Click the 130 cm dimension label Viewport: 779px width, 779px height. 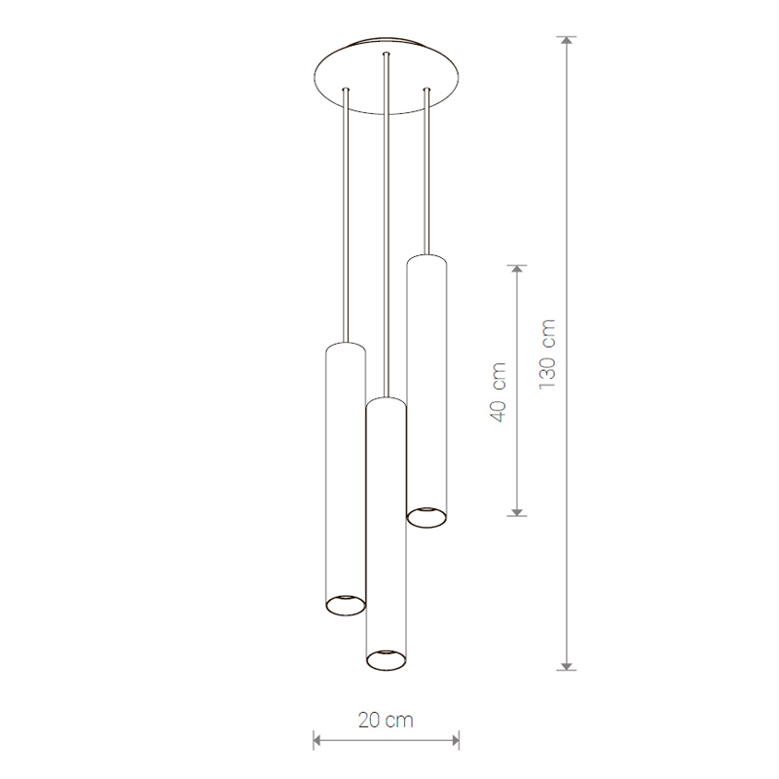point(547,354)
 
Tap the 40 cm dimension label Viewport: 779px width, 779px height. point(498,392)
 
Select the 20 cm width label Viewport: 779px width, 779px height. point(386,720)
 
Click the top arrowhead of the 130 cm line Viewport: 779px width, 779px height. point(567,40)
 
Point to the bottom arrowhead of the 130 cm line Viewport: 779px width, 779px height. point(567,666)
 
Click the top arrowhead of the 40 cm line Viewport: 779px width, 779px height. point(517,269)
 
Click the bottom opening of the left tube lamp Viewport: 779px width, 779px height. point(346,605)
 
